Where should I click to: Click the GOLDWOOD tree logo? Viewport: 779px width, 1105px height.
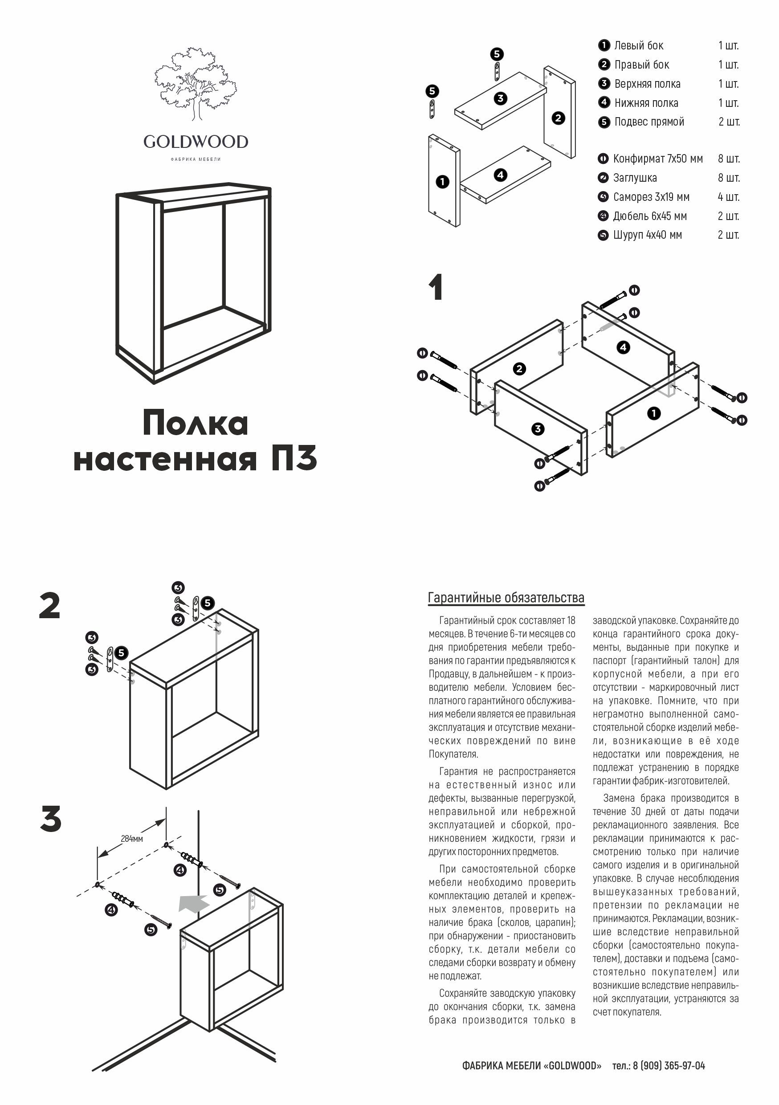196,84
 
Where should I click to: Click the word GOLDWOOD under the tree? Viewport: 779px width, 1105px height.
196,142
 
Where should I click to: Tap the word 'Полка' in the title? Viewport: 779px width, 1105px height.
196,423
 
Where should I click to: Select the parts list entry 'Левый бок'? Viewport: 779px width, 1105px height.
639,46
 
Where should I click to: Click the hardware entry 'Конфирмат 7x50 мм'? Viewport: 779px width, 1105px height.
657,159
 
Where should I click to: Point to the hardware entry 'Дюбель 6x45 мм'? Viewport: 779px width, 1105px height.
649,216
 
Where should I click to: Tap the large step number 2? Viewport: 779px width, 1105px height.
50,606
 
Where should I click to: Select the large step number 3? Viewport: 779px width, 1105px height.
51,820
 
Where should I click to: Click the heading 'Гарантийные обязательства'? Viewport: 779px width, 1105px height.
506,598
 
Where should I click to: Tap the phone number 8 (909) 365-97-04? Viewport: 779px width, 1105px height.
669,1066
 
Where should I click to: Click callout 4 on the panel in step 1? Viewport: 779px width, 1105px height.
624,347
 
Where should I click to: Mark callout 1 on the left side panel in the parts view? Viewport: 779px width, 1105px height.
442,182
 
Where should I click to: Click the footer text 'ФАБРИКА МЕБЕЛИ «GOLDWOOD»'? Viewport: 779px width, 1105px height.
531,1066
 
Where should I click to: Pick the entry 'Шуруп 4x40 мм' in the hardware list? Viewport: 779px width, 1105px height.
647,235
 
